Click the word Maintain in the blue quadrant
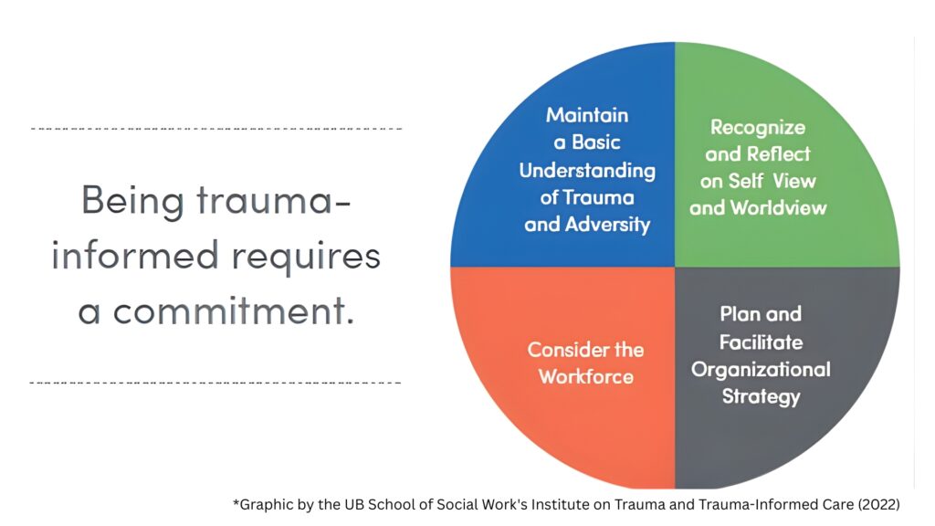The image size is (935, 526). point(587,115)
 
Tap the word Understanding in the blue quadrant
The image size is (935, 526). point(587,171)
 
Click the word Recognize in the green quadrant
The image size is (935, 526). point(758,128)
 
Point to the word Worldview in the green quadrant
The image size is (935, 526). point(782,208)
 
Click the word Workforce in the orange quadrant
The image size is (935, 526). point(586,376)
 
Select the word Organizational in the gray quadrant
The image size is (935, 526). point(761,369)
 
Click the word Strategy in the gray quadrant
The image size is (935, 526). point(761,396)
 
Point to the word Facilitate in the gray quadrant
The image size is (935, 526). point(761,342)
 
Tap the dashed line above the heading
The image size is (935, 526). point(216,129)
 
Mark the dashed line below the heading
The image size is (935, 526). point(216,382)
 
